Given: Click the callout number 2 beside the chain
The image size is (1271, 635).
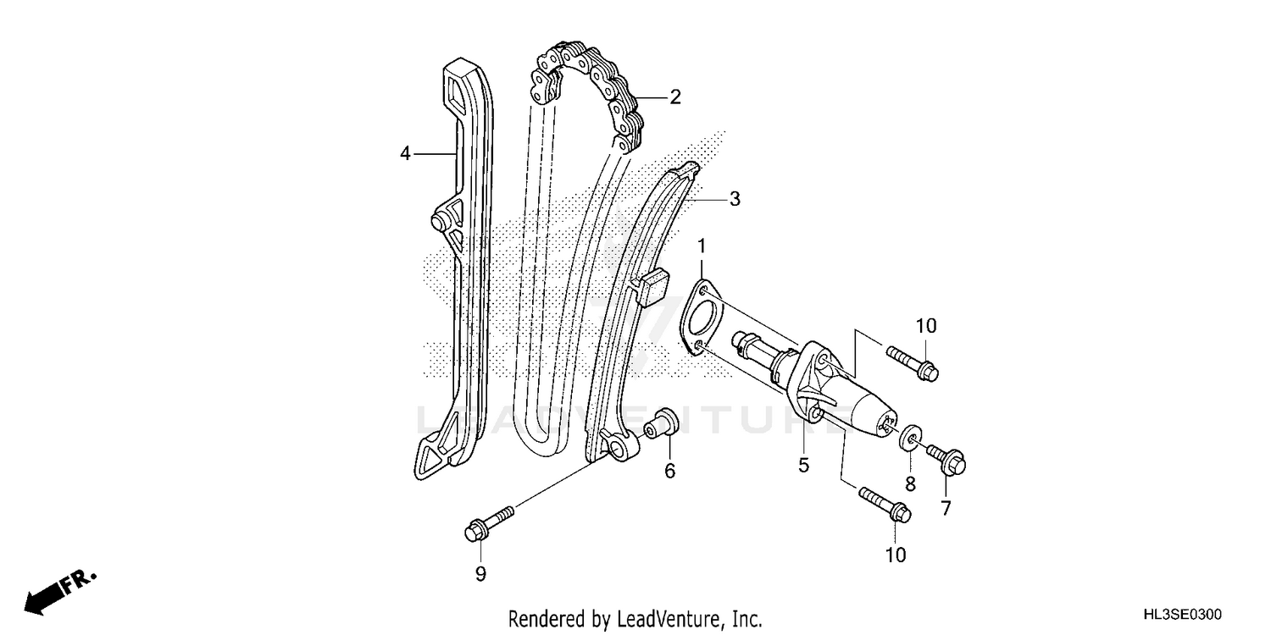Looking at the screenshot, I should pos(674,97).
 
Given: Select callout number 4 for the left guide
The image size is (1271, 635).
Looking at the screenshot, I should pos(406,154).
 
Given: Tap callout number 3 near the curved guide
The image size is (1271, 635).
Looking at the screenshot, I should pos(735,199).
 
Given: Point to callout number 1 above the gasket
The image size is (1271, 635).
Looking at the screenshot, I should pos(702,246).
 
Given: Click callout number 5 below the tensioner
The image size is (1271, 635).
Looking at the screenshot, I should pos(803,464).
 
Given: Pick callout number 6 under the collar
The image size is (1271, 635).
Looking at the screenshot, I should pos(669,472).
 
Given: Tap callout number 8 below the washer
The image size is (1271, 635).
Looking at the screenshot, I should pos(911,484).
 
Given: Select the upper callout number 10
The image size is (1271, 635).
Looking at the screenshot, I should pos(925,325).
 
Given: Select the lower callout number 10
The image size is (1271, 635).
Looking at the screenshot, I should pos(896,555).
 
